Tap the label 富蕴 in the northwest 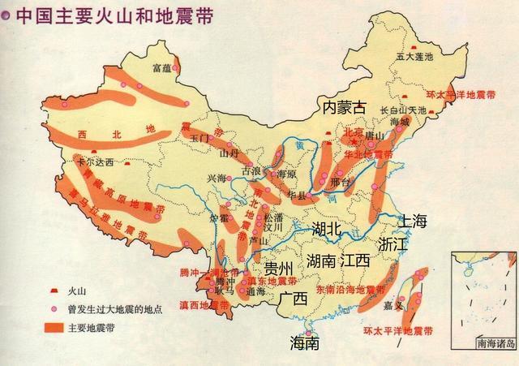coord(163,69)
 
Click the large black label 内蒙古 coord(345,107)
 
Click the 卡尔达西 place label coord(96,162)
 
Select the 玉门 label coord(199,139)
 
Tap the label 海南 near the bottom coord(305,343)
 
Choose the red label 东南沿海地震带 coord(351,289)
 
